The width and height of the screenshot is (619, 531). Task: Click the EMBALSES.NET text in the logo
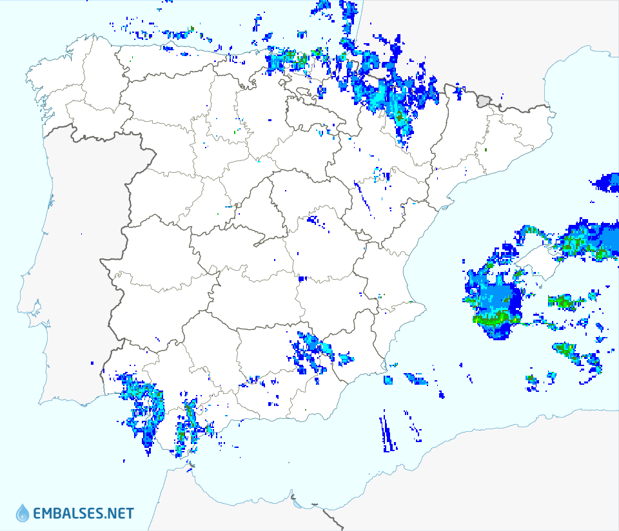[83, 514]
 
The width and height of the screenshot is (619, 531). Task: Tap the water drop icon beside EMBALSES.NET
[23, 513]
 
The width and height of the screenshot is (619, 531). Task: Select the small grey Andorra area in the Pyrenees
[484, 100]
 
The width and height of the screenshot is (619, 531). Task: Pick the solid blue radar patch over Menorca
[607, 182]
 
